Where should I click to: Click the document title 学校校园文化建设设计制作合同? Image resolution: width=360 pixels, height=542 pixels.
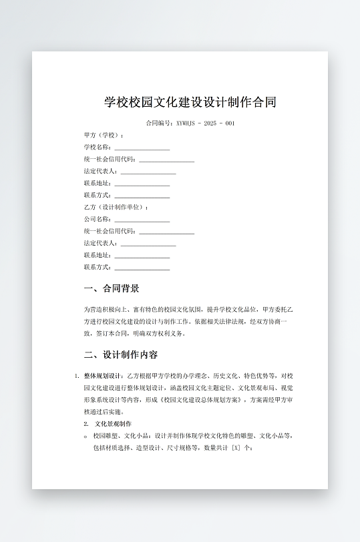pos(190,102)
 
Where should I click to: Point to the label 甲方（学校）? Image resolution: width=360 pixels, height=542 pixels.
pos(104,135)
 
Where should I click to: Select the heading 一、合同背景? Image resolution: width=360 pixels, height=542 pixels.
pos(112,289)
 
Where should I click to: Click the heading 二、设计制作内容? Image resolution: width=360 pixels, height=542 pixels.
pos(121,354)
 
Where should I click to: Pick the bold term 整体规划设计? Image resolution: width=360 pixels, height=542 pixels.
pos(104,376)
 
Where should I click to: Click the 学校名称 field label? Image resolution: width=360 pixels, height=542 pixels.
pos(98,147)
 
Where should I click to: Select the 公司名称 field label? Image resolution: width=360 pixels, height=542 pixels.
pos(98,219)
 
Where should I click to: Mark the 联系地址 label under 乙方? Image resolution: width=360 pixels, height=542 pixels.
pos(98,255)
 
